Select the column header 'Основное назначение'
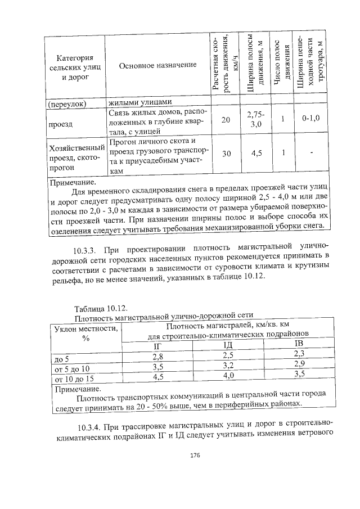click(x=157, y=65)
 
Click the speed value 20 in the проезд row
click(x=225, y=120)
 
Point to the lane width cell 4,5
click(x=256, y=153)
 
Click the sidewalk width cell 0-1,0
click(x=310, y=119)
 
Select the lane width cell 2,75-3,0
click(x=256, y=119)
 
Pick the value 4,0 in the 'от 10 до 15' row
click(x=228, y=375)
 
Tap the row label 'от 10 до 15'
click(x=73, y=379)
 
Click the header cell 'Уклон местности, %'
click(x=85, y=334)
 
